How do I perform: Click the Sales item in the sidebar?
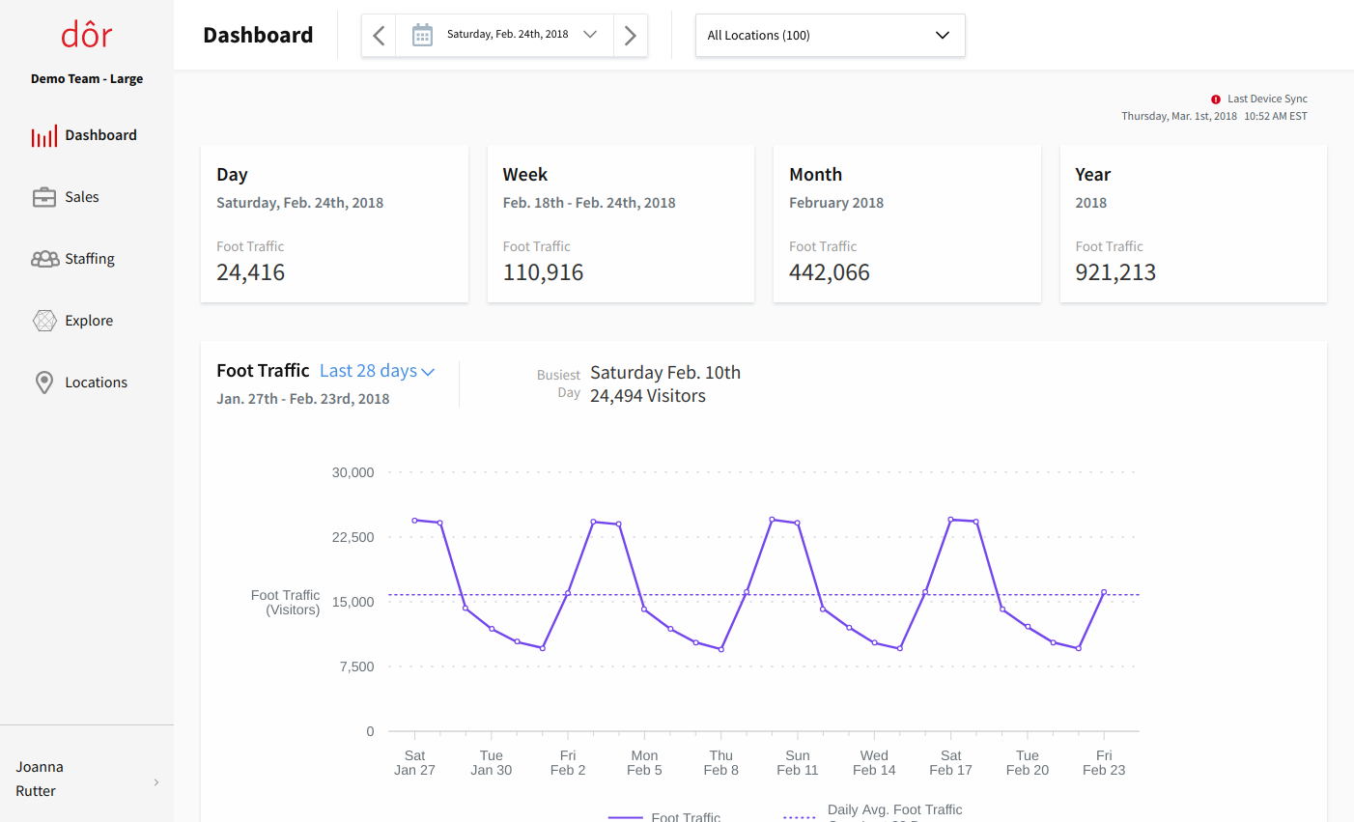tap(81, 197)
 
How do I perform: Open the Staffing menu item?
tap(89, 259)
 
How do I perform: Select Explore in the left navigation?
tap(88, 321)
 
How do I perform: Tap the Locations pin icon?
tap(44, 383)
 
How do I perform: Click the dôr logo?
tap(87, 35)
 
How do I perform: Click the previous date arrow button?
tap(379, 36)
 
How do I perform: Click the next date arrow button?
tap(631, 36)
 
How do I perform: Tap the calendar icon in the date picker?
tap(422, 36)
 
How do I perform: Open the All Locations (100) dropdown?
tap(830, 36)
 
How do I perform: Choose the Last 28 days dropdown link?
tap(377, 371)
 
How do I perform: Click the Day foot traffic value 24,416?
tap(250, 272)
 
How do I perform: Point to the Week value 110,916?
tap(543, 272)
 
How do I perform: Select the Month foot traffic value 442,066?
tap(829, 272)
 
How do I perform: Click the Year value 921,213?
tap(1115, 272)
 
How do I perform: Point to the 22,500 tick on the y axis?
tap(353, 537)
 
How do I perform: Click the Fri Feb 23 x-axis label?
tap(1104, 763)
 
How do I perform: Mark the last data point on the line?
tap(1104, 592)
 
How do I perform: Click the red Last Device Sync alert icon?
tap(1216, 99)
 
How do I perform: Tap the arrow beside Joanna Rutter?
tap(156, 782)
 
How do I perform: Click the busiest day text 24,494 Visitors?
tap(648, 396)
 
